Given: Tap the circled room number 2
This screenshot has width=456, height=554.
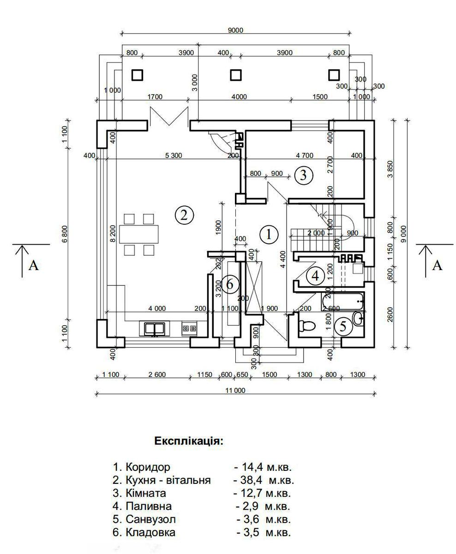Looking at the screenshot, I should (184, 215).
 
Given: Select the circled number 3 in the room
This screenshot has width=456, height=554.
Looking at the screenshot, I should (303, 175).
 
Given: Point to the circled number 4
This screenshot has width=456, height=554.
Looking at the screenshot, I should (315, 276).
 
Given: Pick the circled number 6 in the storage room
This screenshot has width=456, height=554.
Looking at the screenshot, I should (229, 284).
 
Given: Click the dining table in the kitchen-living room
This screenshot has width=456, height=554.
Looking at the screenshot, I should (139, 234).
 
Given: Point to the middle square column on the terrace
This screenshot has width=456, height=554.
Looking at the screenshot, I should (236, 75).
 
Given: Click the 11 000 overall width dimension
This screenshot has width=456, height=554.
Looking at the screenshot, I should (235, 390).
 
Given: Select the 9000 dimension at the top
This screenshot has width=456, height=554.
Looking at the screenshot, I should (235, 30).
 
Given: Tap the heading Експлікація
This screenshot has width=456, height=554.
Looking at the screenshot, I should (189, 440).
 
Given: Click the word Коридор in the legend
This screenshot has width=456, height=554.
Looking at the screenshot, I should (148, 467).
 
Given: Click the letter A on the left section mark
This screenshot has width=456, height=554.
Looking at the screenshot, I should (33, 265).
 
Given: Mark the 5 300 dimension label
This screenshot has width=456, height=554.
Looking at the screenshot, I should (173, 155).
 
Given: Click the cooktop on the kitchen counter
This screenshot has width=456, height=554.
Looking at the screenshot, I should (189, 328).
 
